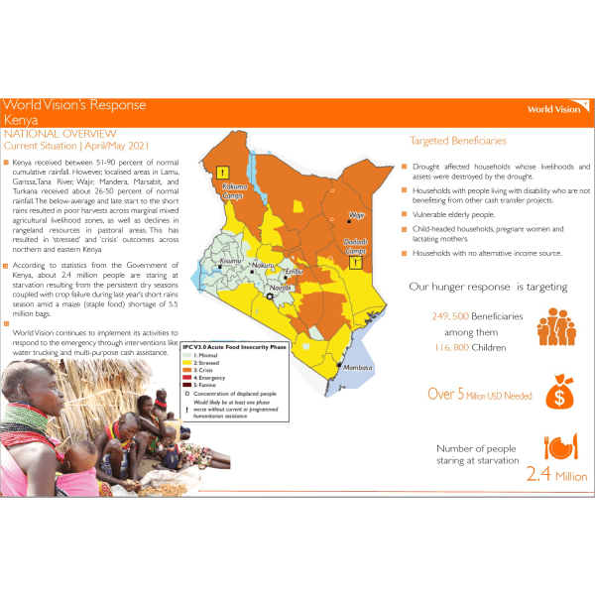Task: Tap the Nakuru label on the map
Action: [264, 266]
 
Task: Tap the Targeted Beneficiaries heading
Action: [457, 141]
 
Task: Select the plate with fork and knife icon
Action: [558, 447]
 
